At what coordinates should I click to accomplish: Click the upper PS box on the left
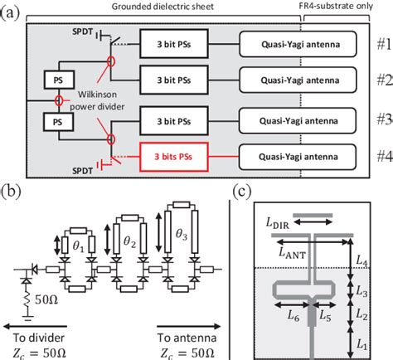coord(58,80)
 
